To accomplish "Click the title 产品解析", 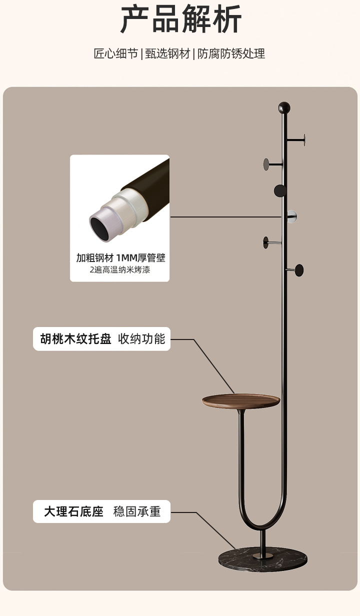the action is tap(181, 20).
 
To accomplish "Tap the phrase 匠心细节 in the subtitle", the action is tap(116, 54).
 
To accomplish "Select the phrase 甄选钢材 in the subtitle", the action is tap(168, 54).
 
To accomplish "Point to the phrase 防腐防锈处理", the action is tap(231, 54).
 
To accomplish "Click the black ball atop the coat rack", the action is tap(284, 107).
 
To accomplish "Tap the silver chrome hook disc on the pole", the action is tap(291, 216).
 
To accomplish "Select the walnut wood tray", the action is tap(241, 400).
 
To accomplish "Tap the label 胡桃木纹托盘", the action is tap(76, 339).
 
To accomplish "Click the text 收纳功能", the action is tap(141, 339).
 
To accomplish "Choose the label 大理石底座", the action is tap(73, 511).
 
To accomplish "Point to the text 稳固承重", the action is tap(137, 511).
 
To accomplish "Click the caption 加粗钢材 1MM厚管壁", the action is tap(120, 258).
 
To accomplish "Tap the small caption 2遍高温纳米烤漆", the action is tap(120, 270).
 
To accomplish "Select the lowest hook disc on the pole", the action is tap(299, 270).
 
